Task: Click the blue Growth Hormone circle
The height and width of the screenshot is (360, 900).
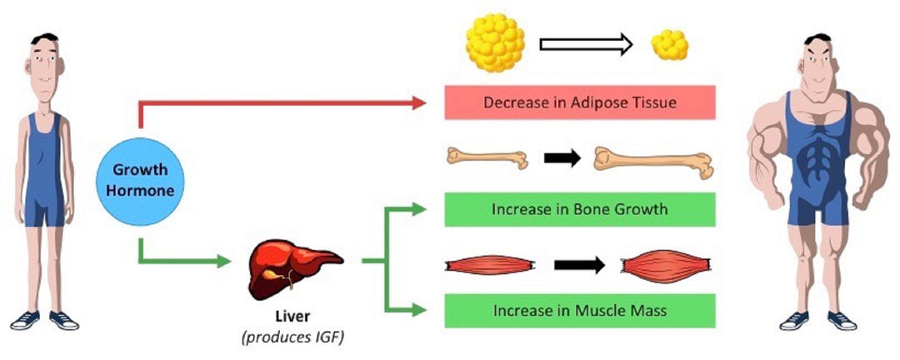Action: click(x=140, y=181)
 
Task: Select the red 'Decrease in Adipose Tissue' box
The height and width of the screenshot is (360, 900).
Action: click(x=579, y=103)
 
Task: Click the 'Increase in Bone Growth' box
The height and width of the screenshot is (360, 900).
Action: click(x=579, y=209)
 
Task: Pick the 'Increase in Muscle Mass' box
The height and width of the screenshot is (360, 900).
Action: click(x=579, y=311)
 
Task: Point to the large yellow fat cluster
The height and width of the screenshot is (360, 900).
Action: click(x=496, y=43)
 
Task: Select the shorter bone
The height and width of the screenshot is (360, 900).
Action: click(x=487, y=158)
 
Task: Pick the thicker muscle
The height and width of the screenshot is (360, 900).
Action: click(x=666, y=266)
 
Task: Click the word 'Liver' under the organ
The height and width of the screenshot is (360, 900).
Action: click(x=292, y=317)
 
